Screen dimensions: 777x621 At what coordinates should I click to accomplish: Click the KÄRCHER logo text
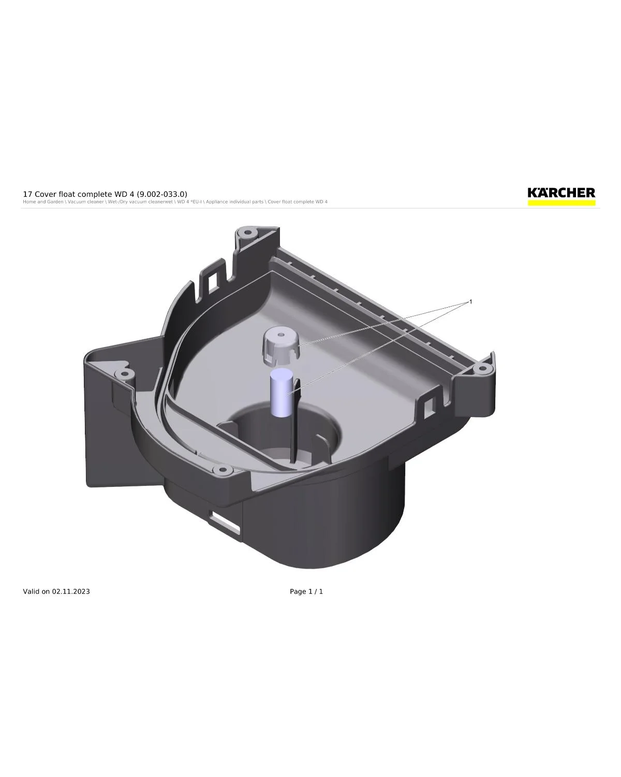click(x=561, y=193)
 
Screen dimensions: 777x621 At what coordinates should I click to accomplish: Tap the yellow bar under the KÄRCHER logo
click(x=561, y=203)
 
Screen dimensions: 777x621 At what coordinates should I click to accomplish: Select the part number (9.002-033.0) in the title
click(x=162, y=194)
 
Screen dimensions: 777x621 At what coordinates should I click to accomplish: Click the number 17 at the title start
click(x=27, y=194)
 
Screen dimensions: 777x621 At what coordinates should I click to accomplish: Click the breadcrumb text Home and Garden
click(x=43, y=202)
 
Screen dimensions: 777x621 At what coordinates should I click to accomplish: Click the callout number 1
click(x=470, y=301)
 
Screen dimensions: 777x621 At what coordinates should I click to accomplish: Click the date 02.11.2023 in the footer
click(x=70, y=591)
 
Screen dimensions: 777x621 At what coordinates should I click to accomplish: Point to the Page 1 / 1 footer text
click(x=306, y=591)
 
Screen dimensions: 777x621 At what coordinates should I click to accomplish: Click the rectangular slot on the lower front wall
click(x=225, y=522)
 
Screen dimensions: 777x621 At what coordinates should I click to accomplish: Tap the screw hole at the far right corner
click(x=482, y=368)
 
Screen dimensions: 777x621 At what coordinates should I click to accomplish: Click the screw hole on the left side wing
click(x=123, y=373)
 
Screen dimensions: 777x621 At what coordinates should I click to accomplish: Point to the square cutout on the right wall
click(x=429, y=408)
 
